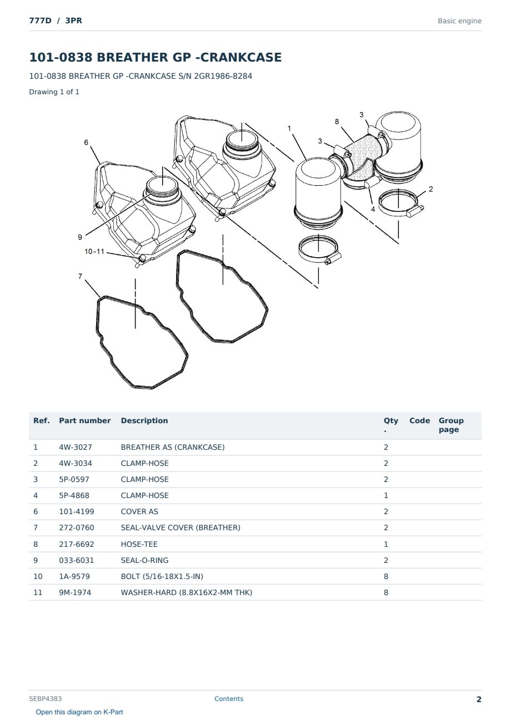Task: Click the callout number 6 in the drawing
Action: click(x=86, y=143)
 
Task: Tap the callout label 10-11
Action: click(x=94, y=251)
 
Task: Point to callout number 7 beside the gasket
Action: click(x=81, y=276)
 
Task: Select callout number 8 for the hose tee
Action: click(x=337, y=121)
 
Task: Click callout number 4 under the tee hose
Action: click(x=373, y=209)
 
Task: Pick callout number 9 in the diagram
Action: click(x=80, y=237)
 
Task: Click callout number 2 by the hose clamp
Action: click(x=430, y=189)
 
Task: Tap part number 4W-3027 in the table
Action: click(x=76, y=447)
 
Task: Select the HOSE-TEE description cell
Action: click(x=139, y=544)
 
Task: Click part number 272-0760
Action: click(x=77, y=528)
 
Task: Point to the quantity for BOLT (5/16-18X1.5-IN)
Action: click(x=386, y=576)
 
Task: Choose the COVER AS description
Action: click(x=139, y=511)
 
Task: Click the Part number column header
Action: click(x=85, y=421)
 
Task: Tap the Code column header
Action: click(x=419, y=421)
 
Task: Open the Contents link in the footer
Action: click(x=229, y=699)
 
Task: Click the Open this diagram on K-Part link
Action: click(x=79, y=712)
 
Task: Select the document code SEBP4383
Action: click(x=46, y=699)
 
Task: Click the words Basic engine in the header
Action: click(x=459, y=21)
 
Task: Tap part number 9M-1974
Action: click(x=75, y=592)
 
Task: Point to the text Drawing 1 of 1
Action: click(x=54, y=92)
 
